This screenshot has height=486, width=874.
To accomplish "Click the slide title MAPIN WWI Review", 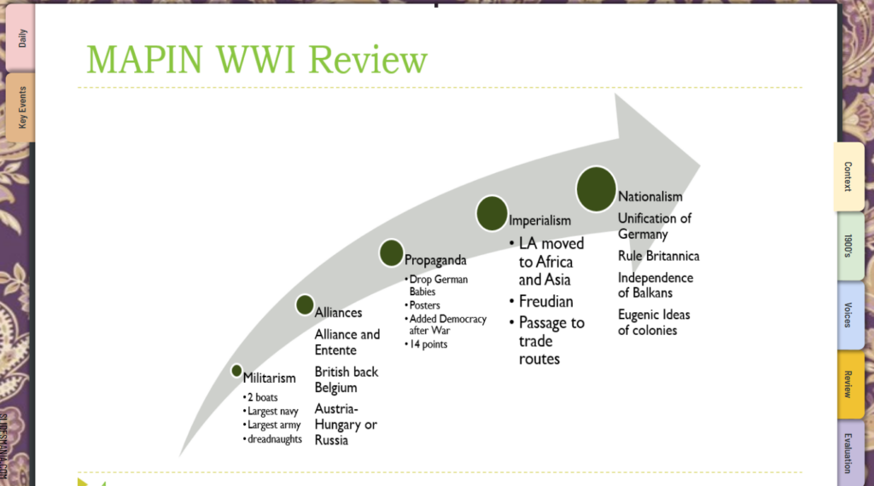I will [x=256, y=59].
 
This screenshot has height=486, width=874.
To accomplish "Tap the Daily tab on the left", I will [x=21, y=38].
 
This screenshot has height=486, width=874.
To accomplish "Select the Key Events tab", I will [x=21, y=107].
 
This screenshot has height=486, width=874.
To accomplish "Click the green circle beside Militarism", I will [x=236, y=371].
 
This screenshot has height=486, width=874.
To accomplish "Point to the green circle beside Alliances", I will [x=305, y=304].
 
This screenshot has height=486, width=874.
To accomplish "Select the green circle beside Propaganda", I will [x=391, y=252].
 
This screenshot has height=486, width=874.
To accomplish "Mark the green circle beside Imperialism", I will [x=492, y=213].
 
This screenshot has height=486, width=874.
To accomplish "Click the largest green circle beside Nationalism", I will [x=596, y=189].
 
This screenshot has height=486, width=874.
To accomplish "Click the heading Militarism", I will [x=270, y=378].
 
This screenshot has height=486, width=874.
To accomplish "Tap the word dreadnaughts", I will [x=276, y=439].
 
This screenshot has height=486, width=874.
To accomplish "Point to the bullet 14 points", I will [x=428, y=344].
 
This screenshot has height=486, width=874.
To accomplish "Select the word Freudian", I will [x=546, y=301].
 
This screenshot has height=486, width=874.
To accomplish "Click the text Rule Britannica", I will [x=658, y=256].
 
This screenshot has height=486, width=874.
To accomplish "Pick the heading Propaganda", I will [x=435, y=260].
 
